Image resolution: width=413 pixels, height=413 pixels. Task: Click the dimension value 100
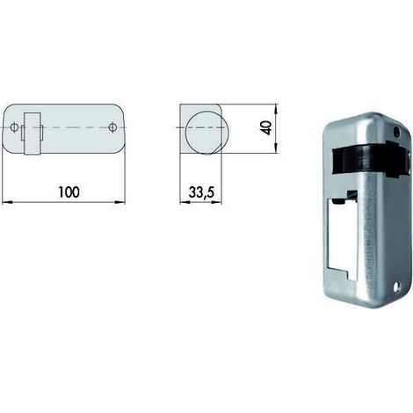[69, 192]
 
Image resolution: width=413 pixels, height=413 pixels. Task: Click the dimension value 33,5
[201, 192]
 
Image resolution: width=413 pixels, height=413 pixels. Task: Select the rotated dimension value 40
[267, 128]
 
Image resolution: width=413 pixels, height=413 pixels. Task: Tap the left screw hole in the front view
[14, 127]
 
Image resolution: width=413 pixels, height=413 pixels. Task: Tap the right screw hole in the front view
[112, 127]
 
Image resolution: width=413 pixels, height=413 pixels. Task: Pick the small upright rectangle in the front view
[33, 134]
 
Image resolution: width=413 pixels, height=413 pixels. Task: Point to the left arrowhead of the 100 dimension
[7, 202]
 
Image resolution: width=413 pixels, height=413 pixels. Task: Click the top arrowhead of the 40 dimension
[275, 109]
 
